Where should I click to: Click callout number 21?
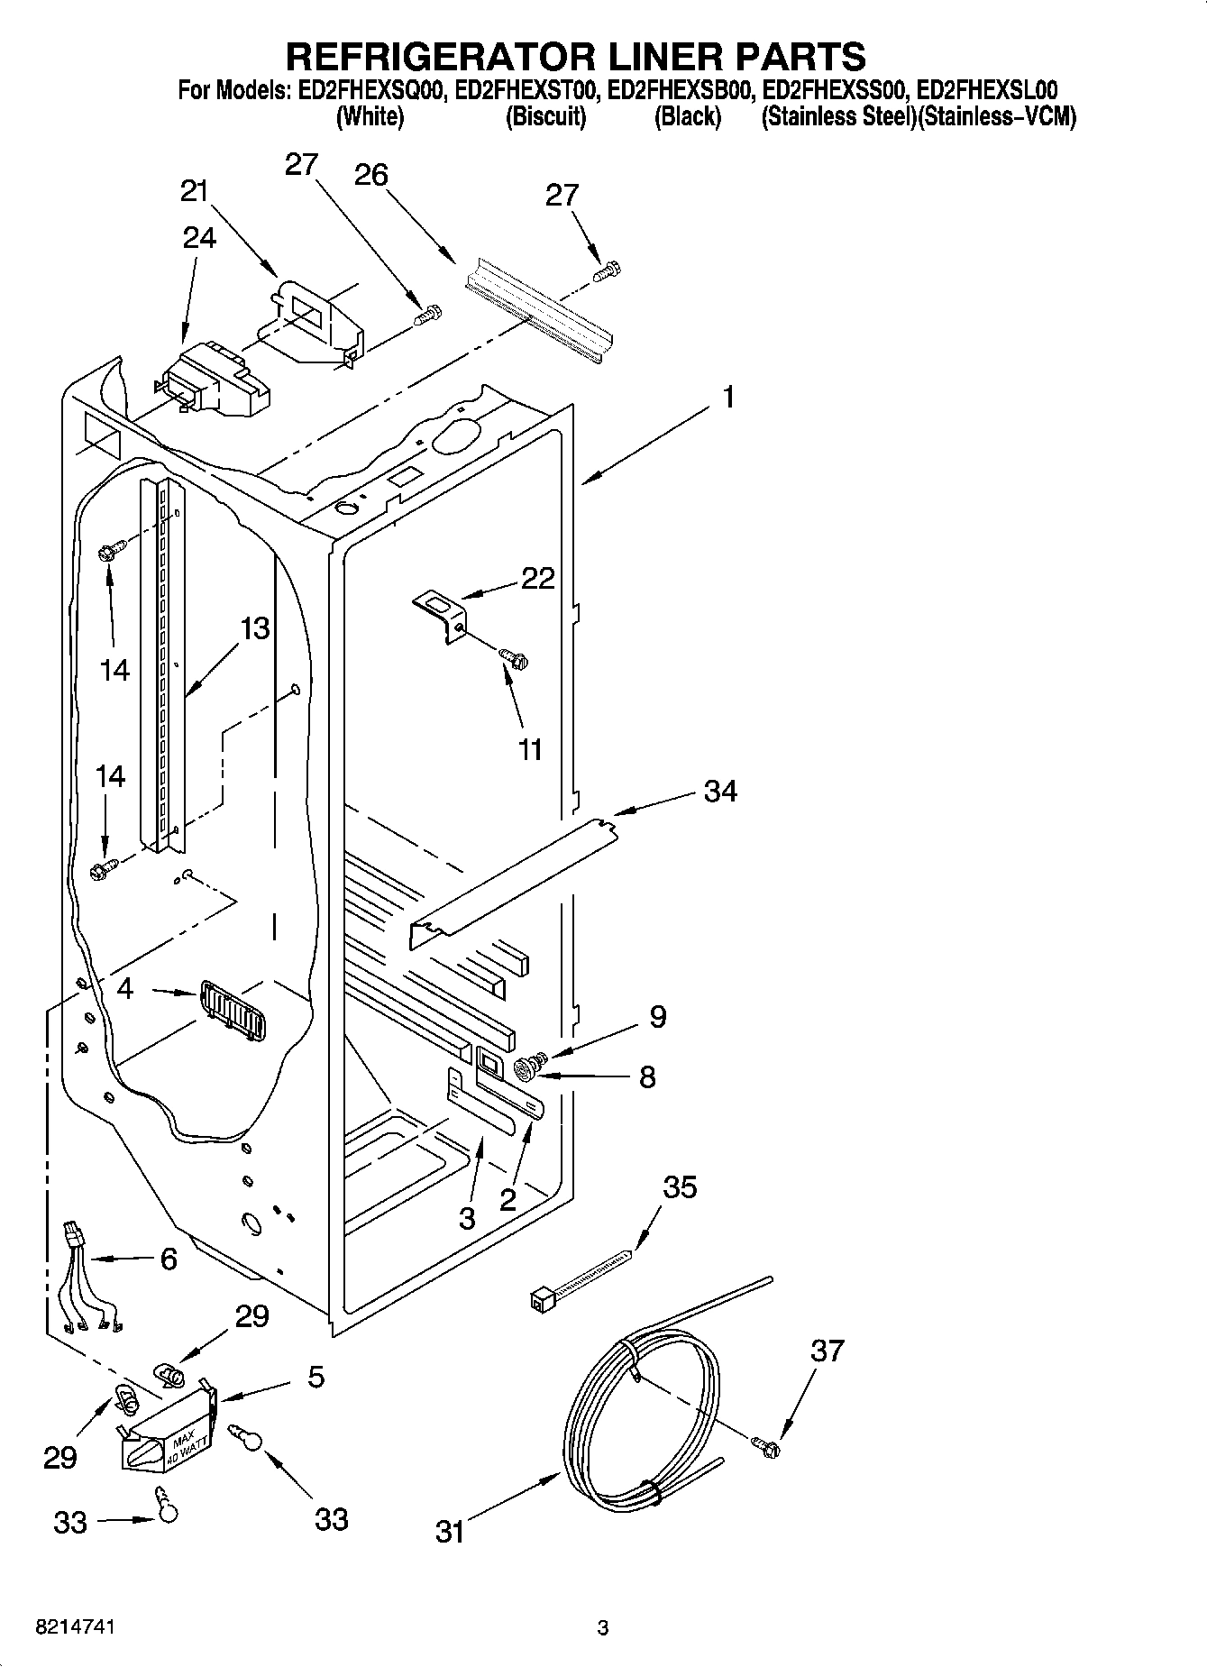coord(194,191)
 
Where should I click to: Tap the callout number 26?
coord(370,174)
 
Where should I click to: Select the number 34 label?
coord(720,791)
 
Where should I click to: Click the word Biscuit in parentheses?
coord(545,117)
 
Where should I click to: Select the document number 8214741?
coord(76,1627)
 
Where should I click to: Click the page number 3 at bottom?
coord(603,1627)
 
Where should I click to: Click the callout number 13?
coord(255,628)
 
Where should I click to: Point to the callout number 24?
coord(199,237)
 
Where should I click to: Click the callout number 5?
coord(315,1377)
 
